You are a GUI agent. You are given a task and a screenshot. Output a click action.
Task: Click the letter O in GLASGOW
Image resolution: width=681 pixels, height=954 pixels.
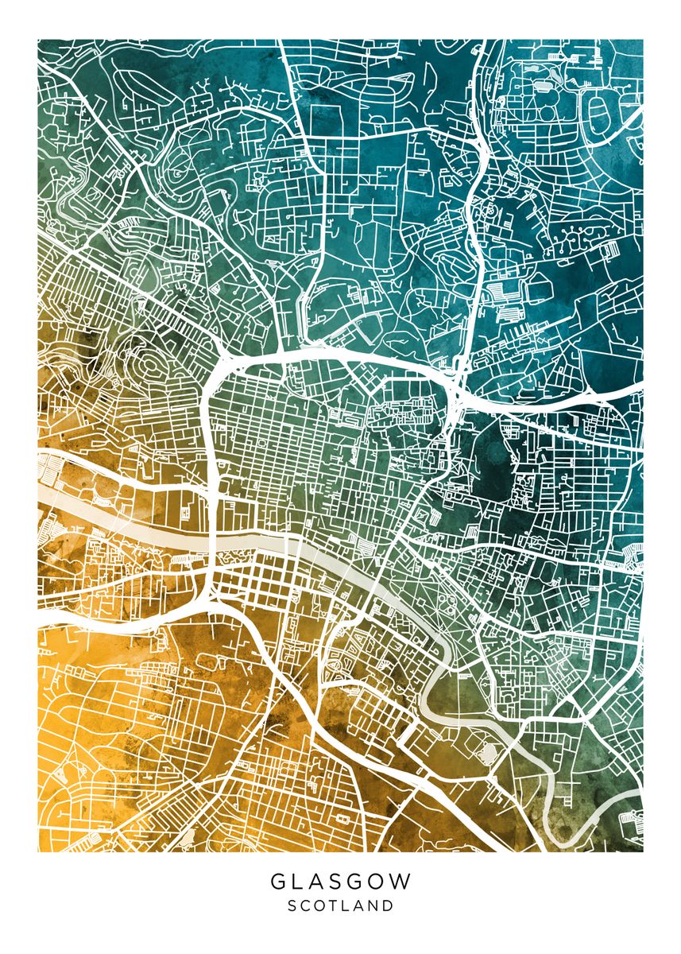click(379, 882)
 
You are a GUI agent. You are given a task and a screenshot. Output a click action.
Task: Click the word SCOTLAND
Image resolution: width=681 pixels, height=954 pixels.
click(340, 906)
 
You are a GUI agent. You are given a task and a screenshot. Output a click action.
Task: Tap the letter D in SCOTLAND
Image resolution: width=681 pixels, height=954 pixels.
click(388, 906)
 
